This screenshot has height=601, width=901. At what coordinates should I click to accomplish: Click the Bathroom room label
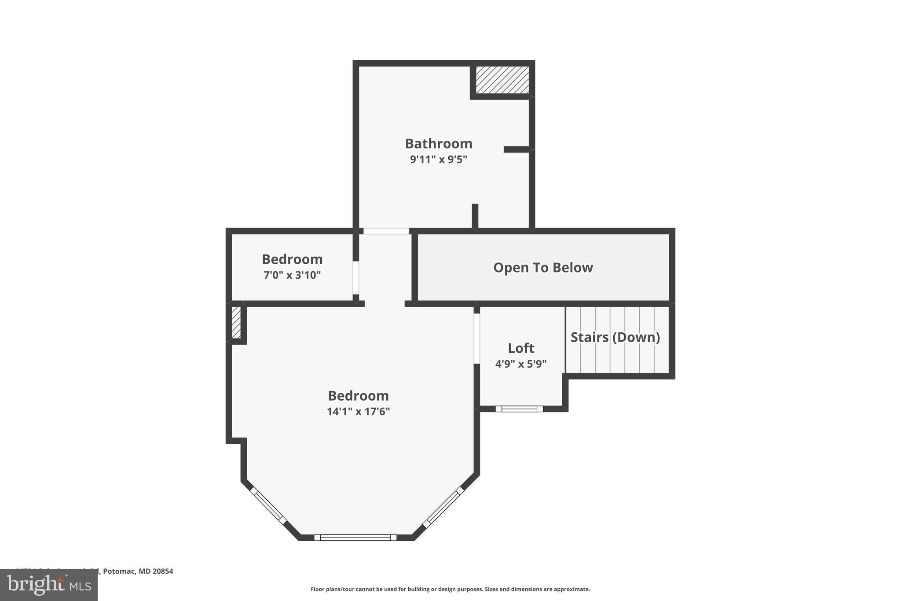click(438, 144)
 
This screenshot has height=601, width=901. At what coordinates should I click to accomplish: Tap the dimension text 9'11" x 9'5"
click(438, 159)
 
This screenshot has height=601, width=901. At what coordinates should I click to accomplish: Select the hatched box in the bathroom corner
click(502, 80)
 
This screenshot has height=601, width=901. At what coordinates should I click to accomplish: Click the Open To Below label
click(543, 268)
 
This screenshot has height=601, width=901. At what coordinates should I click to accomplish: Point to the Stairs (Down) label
click(615, 337)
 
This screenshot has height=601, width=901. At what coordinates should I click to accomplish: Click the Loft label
click(521, 348)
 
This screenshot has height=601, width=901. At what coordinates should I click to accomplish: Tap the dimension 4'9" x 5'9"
click(521, 364)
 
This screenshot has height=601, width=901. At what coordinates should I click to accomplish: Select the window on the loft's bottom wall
click(519, 409)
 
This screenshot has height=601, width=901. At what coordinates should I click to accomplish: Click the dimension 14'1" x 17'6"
click(358, 412)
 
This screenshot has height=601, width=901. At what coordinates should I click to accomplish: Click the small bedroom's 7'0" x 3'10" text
click(292, 275)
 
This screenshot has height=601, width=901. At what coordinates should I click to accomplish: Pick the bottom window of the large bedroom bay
click(355, 537)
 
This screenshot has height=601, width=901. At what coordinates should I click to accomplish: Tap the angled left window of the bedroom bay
click(268, 505)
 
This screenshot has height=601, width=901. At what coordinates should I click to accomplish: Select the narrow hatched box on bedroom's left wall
click(236, 323)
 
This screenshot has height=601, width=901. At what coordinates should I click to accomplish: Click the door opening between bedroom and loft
click(476, 338)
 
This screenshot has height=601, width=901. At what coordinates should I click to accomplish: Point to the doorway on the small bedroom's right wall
click(356, 278)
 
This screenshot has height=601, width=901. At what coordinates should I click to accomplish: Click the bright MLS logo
click(49, 585)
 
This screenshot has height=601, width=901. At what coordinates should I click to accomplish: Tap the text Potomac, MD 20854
click(138, 571)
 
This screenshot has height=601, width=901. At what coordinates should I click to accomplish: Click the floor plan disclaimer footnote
click(450, 589)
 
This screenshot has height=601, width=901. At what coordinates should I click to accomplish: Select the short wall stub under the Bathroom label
click(475, 216)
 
